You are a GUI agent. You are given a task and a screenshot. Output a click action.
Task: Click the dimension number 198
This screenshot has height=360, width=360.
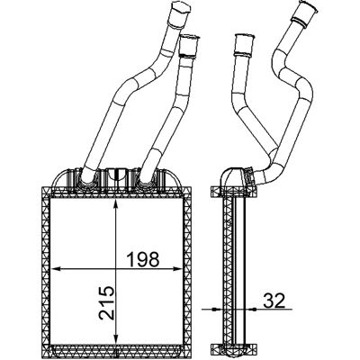(x=143, y=259)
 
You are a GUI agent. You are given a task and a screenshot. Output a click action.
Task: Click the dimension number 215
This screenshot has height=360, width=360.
(x=107, y=302)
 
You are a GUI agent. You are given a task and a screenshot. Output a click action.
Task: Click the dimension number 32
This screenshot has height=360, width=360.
(x=274, y=301)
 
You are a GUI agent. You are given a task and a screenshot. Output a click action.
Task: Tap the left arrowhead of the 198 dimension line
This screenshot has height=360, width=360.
(x=57, y=269)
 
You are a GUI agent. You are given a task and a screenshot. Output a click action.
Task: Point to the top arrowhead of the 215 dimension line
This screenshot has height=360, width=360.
(x=115, y=204)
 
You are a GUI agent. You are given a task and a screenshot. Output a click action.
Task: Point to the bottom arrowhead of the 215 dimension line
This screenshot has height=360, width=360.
(x=115, y=337)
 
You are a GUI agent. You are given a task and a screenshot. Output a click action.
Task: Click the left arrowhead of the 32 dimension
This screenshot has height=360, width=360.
(x=216, y=309)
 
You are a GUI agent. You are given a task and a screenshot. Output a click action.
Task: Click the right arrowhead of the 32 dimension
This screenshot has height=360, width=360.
(x=252, y=309)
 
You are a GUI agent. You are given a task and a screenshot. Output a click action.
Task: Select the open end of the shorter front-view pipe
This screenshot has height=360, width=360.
(x=190, y=38)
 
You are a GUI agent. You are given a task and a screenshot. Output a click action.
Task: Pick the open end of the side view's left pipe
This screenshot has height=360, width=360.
(x=245, y=37)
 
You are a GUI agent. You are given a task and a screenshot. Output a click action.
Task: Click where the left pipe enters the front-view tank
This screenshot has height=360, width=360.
(x=88, y=179)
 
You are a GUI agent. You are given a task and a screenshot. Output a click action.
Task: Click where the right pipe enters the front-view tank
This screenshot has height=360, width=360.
(x=146, y=179)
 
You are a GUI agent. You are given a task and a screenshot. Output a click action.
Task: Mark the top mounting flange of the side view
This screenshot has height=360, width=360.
(x=234, y=192)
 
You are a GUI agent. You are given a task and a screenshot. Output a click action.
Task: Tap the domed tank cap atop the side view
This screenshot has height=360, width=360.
(x=231, y=177)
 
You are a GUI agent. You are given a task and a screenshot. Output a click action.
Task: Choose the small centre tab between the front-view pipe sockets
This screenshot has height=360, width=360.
(x=116, y=175)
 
